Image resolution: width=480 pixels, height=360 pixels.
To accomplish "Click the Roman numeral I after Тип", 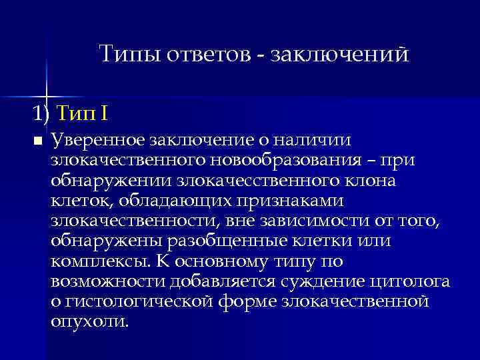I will (104, 113).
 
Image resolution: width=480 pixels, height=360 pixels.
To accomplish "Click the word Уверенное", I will (98, 141).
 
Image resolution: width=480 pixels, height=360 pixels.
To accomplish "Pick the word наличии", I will (328, 141).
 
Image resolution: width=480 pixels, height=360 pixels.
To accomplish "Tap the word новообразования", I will (285, 161).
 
